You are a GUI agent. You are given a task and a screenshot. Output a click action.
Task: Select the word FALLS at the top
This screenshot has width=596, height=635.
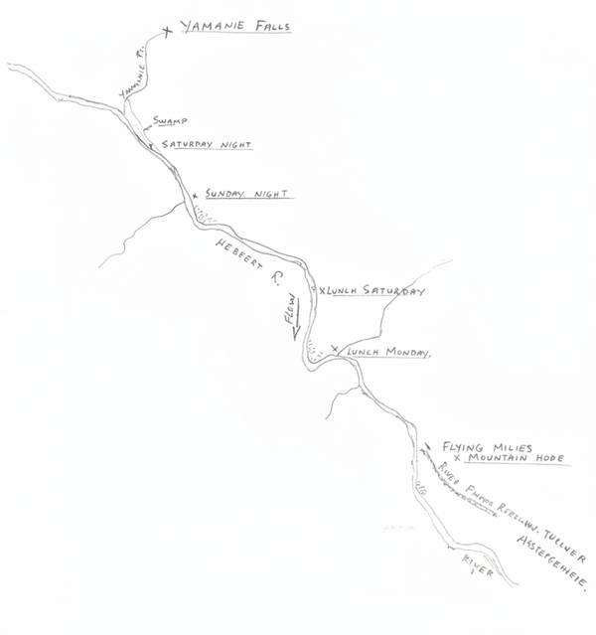(268, 28)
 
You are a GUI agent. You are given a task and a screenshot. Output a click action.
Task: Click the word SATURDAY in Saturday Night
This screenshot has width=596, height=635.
(191, 145)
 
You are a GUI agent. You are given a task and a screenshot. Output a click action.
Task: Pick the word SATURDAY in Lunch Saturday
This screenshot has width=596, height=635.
(392, 292)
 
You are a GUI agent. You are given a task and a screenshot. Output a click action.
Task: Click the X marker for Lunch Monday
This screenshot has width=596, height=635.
(336, 349)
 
